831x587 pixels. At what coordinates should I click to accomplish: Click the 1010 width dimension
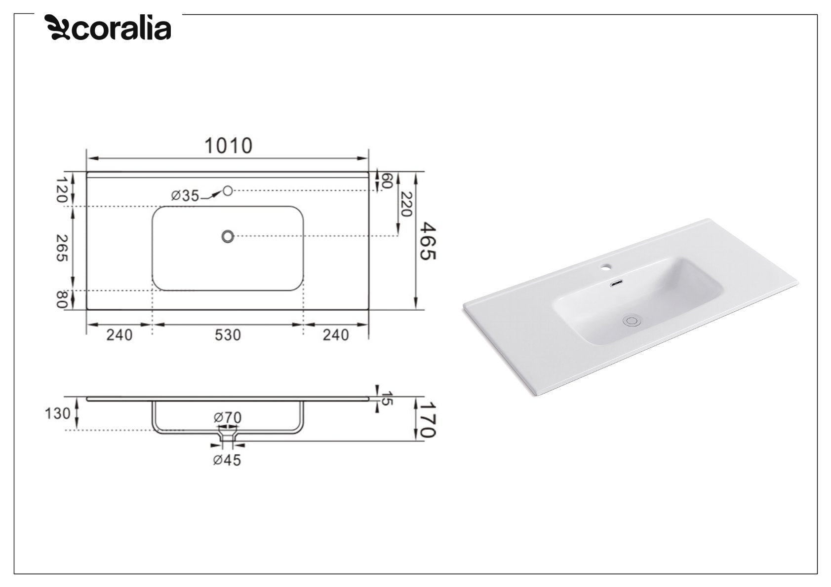click(228, 146)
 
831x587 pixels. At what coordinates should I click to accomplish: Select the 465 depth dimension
click(428, 241)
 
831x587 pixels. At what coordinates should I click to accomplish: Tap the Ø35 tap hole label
click(185, 196)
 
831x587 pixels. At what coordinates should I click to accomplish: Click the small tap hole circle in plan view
click(227, 190)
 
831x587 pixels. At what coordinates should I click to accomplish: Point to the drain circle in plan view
click(228, 236)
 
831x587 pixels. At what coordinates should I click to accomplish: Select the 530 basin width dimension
click(228, 335)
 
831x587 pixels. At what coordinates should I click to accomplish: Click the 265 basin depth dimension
click(61, 248)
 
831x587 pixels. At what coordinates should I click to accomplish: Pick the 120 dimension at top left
click(61, 190)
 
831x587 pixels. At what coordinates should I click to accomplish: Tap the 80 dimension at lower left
click(61, 300)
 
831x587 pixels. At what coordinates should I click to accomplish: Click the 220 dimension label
click(405, 204)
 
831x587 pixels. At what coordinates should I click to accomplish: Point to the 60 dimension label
click(387, 181)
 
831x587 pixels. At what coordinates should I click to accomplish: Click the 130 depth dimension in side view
click(58, 413)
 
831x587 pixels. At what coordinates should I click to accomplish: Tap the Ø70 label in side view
click(228, 418)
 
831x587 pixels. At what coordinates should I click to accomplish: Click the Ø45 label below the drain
click(227, 461)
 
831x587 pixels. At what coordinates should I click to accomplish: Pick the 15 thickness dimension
click(388, 398)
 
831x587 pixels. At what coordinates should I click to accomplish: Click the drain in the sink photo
click(632, 321)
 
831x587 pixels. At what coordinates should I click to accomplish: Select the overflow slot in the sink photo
click(617, 284)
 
